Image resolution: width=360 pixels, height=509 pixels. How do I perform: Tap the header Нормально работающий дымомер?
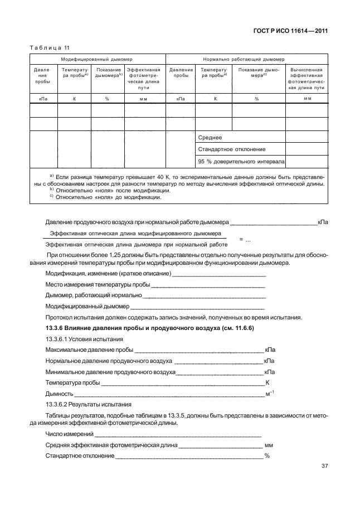[x=247, y=59]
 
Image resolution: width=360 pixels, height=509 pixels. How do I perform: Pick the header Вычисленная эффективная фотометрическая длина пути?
[x=307, y=79]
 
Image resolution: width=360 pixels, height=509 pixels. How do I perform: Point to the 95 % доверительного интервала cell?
[x=241, y=162]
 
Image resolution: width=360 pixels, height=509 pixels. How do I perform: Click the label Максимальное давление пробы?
[x=89, y=350]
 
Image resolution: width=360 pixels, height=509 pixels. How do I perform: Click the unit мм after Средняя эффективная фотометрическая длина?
[x=269, y=445]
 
